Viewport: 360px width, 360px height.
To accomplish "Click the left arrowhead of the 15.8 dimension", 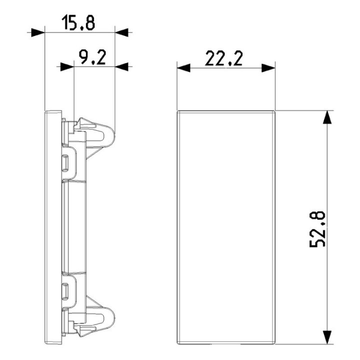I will coord(38,32).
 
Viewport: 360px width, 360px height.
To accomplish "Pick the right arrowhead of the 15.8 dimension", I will coord(122,32).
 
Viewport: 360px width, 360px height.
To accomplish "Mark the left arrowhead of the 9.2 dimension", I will coord(67,66).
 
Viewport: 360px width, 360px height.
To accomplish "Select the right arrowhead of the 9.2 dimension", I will coord(122,66).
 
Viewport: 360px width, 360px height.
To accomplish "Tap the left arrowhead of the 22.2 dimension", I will coord(184,67).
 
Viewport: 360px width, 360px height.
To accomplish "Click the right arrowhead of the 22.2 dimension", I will coord(269,67).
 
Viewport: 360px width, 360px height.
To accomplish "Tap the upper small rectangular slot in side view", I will coord(65,161).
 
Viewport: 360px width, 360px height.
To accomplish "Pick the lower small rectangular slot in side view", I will coord(65,289).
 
